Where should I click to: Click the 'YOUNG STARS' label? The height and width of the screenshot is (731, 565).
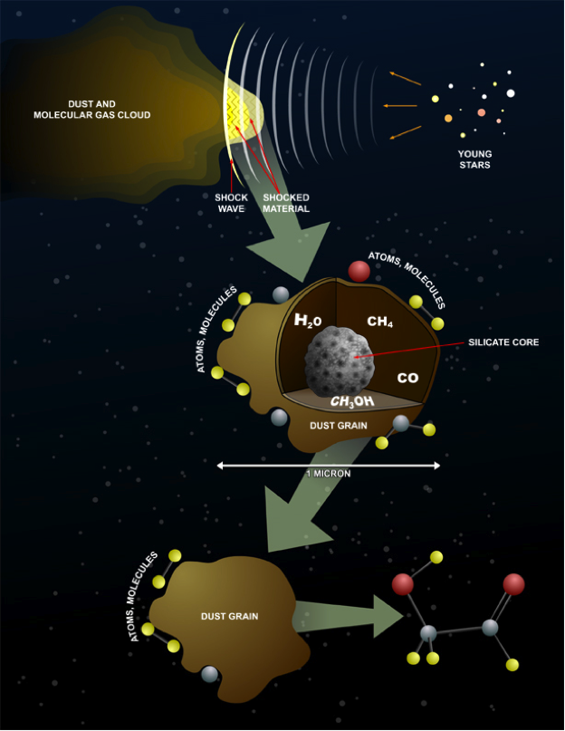point(474,160)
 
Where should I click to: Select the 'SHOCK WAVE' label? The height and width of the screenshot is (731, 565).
point(231,203)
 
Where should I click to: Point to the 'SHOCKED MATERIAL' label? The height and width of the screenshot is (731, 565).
point(285,203)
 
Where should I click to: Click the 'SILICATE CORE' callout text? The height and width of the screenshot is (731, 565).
point(503,343)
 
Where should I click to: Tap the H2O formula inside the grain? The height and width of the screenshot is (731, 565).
point(308,321)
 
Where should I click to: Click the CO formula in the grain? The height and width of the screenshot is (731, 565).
point(407,376)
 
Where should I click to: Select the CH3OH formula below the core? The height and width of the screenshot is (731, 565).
point(350,401)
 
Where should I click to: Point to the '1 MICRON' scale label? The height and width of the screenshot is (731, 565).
point(329,474)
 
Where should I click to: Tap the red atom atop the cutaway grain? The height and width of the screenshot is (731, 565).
point(359,270)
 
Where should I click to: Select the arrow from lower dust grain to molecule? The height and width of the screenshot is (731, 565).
point(349,618)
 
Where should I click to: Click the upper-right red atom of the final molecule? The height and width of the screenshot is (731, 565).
point(513,584)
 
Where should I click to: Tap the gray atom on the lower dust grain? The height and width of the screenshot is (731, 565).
point(210,673)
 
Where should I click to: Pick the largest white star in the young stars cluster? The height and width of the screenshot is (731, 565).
point(511,92)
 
